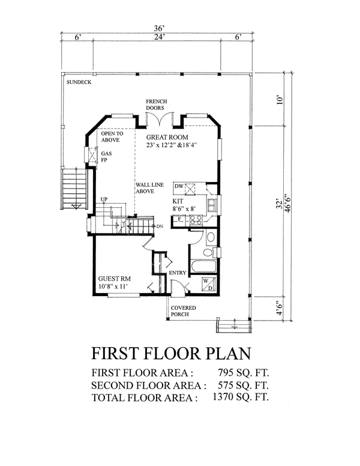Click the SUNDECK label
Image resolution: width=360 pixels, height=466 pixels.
click(x=79, y=82)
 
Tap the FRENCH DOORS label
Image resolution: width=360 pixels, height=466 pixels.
click(x=156, y=104)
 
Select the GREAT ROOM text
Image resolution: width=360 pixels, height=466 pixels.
click(x=167, y=138)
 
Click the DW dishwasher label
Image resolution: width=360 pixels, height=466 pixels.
click(x=179, y=186)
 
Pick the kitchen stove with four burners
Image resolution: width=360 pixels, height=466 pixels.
click(x=196, y=220)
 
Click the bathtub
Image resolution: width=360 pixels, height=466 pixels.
click(x=203, y=266)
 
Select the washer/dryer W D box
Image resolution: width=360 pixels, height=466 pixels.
click(x=209, y=284)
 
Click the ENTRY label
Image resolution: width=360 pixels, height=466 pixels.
click(x=178, y=273)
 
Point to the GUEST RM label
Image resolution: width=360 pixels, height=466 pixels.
click(x=115, y=279)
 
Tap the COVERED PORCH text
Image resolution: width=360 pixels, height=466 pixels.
click(x=183, y=311)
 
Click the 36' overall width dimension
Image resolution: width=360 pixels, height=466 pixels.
click(x=159, y=29)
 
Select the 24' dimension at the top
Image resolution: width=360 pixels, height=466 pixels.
click(x=159, y=37)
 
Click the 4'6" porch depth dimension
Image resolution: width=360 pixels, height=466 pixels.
click(x=279, y=309)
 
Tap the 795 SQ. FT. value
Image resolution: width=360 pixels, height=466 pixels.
click(x=243, y=373)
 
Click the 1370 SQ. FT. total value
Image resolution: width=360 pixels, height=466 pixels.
click(x=241, y=397)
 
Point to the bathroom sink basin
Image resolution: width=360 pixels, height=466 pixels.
click(x=211, y=237)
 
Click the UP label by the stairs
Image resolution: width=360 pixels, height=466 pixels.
click(x=104, y=199)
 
